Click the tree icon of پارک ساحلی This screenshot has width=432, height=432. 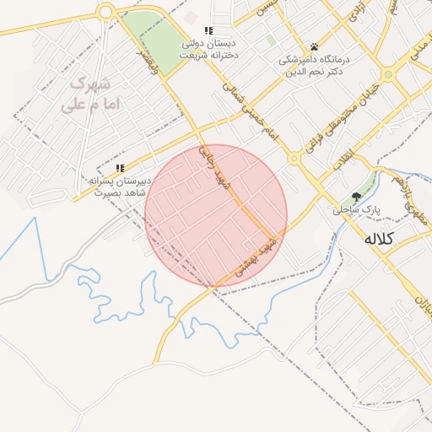tap(359, 197)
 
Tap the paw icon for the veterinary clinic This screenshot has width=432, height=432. tap(314, 46)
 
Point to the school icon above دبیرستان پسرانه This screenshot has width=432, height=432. tap(121, 168)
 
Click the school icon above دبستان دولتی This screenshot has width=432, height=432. tap(208, 30)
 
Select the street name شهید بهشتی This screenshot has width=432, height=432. tap(269, 253)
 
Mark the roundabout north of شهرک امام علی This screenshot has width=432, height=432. tap(105, 12)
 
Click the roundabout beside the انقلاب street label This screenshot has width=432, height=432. tap(294, 158)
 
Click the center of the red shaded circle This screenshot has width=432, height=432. tap(216, 216)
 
